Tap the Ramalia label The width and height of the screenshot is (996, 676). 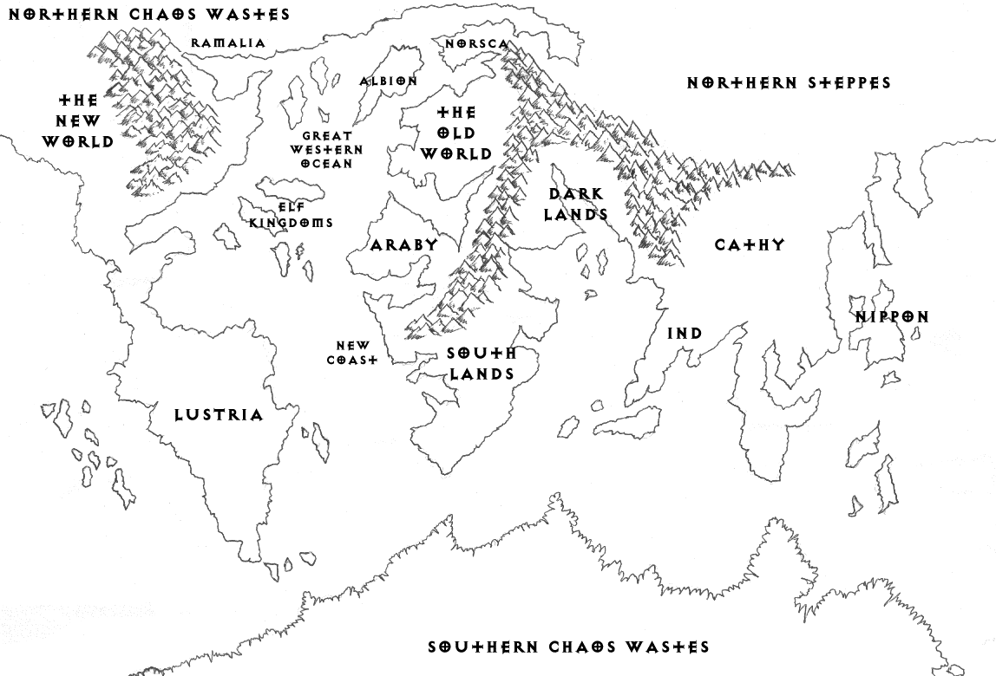tap(228, 42)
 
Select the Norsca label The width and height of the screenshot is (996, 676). tap(476, 43)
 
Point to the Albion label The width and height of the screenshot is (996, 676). tap(389, 81)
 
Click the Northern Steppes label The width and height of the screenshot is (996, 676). tap(789, 83)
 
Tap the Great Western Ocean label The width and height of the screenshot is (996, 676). tap(327, 149)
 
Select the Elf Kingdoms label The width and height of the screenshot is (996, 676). tap(292, 215)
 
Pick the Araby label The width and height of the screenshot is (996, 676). tap(404, 245)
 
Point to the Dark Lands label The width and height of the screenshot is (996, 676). tap(577, 205)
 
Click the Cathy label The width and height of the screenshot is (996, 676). tap(750, 244)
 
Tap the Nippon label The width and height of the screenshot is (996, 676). tap(892, 317)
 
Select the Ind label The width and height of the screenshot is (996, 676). tap(685, 334)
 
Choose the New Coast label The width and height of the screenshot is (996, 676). tap(353, 352)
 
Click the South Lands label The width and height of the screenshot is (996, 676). tap(481, 363)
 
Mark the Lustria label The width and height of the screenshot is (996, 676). tap(219, 415)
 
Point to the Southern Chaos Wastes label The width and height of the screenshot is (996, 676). tap(569, 647)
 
